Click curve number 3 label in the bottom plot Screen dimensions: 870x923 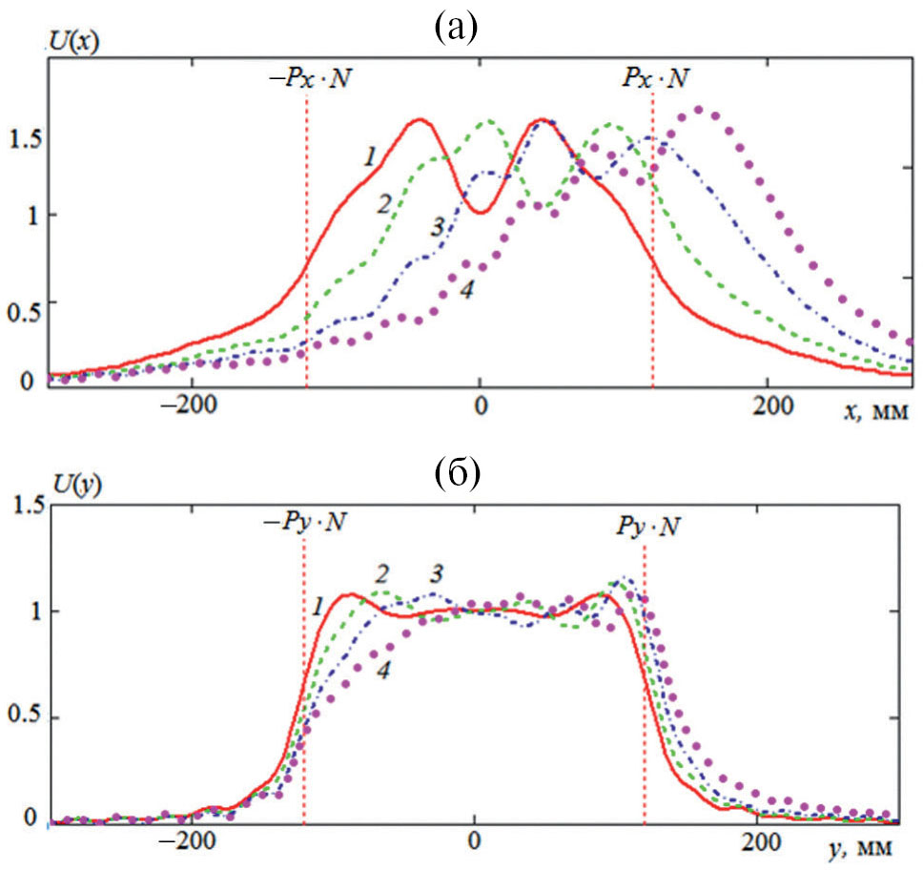point(437,573)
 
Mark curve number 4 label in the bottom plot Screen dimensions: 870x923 point(383,671)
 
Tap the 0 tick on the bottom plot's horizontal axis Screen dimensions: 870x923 point(474,843)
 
